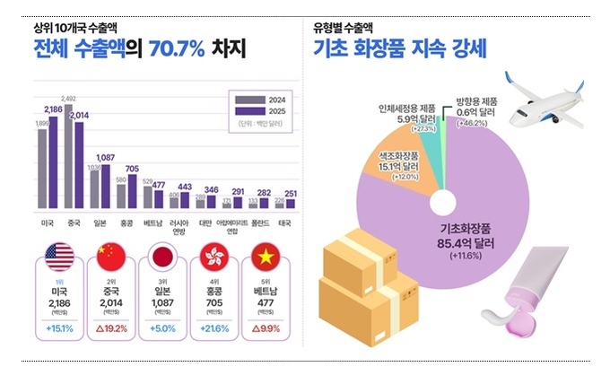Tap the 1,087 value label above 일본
[x=104, y=158]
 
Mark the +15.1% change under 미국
[x=61, y=329]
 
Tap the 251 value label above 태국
[x=290, y=192]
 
